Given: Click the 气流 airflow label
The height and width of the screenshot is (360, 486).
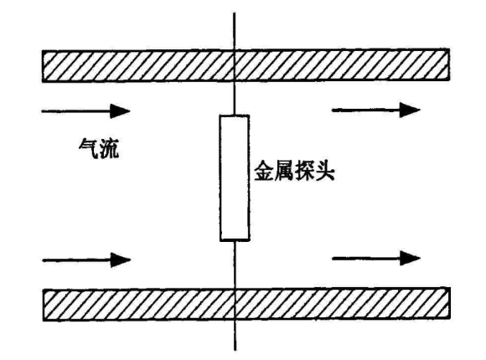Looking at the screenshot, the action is coord(99,149).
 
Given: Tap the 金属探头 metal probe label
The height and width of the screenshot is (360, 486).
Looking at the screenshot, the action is coord(294,170).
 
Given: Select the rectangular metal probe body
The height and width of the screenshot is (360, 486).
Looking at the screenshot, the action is coord(235,177).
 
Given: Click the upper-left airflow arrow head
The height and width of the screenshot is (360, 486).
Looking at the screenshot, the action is coord(121,111).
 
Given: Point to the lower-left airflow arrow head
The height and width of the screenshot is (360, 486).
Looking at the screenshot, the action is coord(121,260).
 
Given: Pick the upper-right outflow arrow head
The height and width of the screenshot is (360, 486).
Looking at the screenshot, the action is coord(410,110).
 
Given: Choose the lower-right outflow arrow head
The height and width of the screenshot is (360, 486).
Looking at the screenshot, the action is coord(410,258).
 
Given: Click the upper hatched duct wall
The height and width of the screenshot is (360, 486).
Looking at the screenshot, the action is coord(246,65).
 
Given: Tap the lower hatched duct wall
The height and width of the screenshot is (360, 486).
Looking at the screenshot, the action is coord(246,304).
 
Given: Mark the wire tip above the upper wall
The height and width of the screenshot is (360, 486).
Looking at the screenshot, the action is coord(234,13).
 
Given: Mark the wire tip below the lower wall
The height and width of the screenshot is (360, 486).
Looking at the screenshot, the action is coord(235,350).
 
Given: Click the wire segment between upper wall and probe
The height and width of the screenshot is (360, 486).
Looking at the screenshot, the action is coord(235,98).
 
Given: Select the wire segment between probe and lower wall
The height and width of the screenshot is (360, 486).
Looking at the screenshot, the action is coord(235,265).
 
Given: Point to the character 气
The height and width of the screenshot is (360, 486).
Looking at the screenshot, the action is coord(88,148).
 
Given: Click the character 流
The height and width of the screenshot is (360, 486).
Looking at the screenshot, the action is coord(109,149).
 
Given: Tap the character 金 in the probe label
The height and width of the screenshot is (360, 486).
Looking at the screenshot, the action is coord(264,170).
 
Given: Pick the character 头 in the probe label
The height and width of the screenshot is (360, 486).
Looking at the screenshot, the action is coord(324,170).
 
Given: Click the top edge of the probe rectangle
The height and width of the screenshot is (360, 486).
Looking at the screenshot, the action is coord(235,116).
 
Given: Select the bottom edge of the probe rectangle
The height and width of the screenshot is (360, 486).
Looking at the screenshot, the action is coord(235,239).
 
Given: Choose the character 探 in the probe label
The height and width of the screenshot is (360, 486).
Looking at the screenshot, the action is coord(304,170).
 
